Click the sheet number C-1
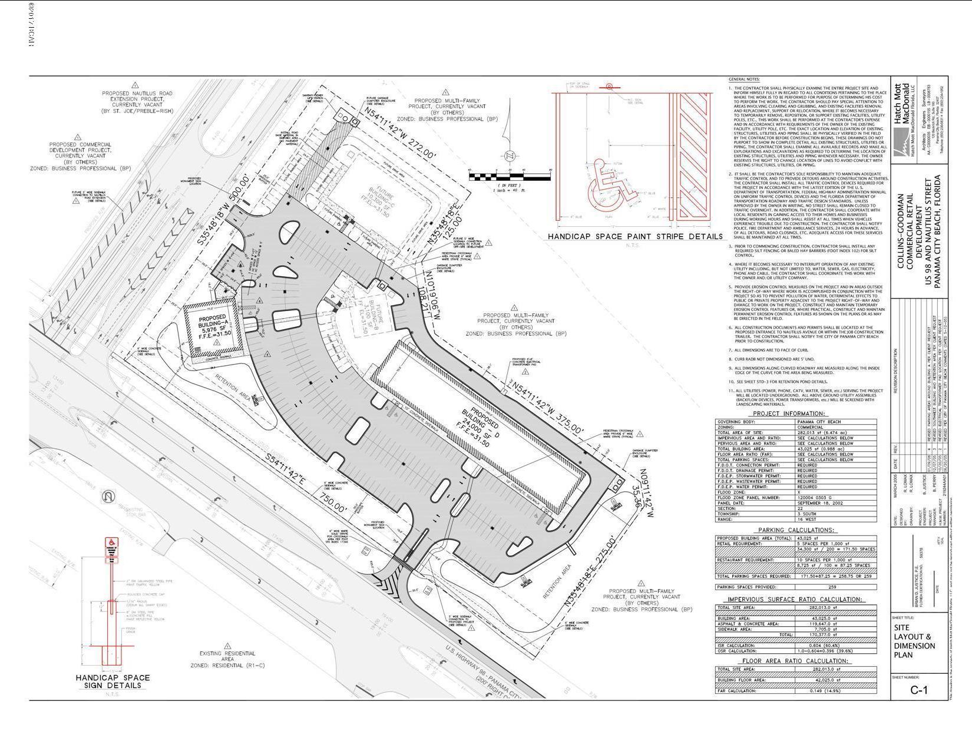918,690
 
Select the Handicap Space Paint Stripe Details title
635,237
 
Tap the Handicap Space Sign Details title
113,681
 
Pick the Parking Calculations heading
796,530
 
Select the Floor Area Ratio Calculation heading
796,661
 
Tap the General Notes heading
745,80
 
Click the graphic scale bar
511,176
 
